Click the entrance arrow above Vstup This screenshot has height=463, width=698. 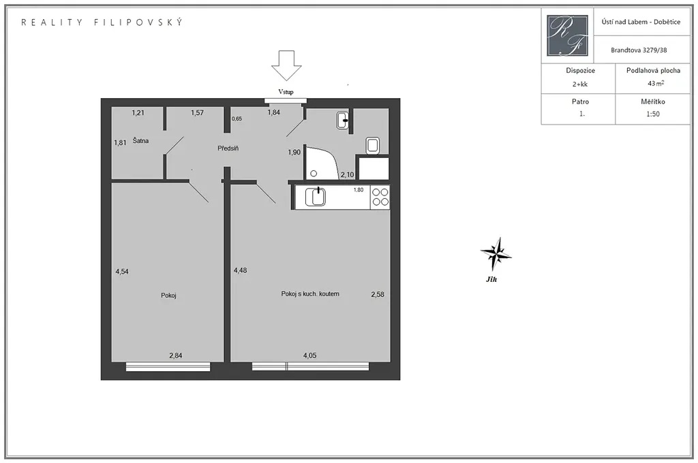pos(287,65)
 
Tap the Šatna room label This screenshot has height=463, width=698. pos(140,140)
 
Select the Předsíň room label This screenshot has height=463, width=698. pos(228,148)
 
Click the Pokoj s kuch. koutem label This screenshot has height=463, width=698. pos(310,293)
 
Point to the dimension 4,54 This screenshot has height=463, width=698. pos(122,271)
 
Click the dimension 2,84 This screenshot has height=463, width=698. pos(175,355)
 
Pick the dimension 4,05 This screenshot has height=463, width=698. pos(310,355)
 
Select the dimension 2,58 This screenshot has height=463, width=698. pos(378,294)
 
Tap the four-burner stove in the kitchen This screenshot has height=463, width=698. pos(380,197)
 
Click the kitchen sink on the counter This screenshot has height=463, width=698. pos(315,197)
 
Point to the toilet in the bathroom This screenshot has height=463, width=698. pos(373,146)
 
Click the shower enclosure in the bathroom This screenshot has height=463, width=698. pos(322,163)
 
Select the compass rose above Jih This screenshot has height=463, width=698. pos(496,254)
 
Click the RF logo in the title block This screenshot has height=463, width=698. pos(567,35)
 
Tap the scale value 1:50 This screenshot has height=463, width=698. pos(653,114)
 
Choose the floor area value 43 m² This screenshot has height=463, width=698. pos(656,83)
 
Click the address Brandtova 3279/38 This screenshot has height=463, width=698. pos(639,50)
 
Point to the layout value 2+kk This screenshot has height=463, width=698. pos(580,84)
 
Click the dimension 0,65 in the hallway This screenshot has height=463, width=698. pos(237,118)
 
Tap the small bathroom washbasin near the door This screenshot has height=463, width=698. pos(342,121)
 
